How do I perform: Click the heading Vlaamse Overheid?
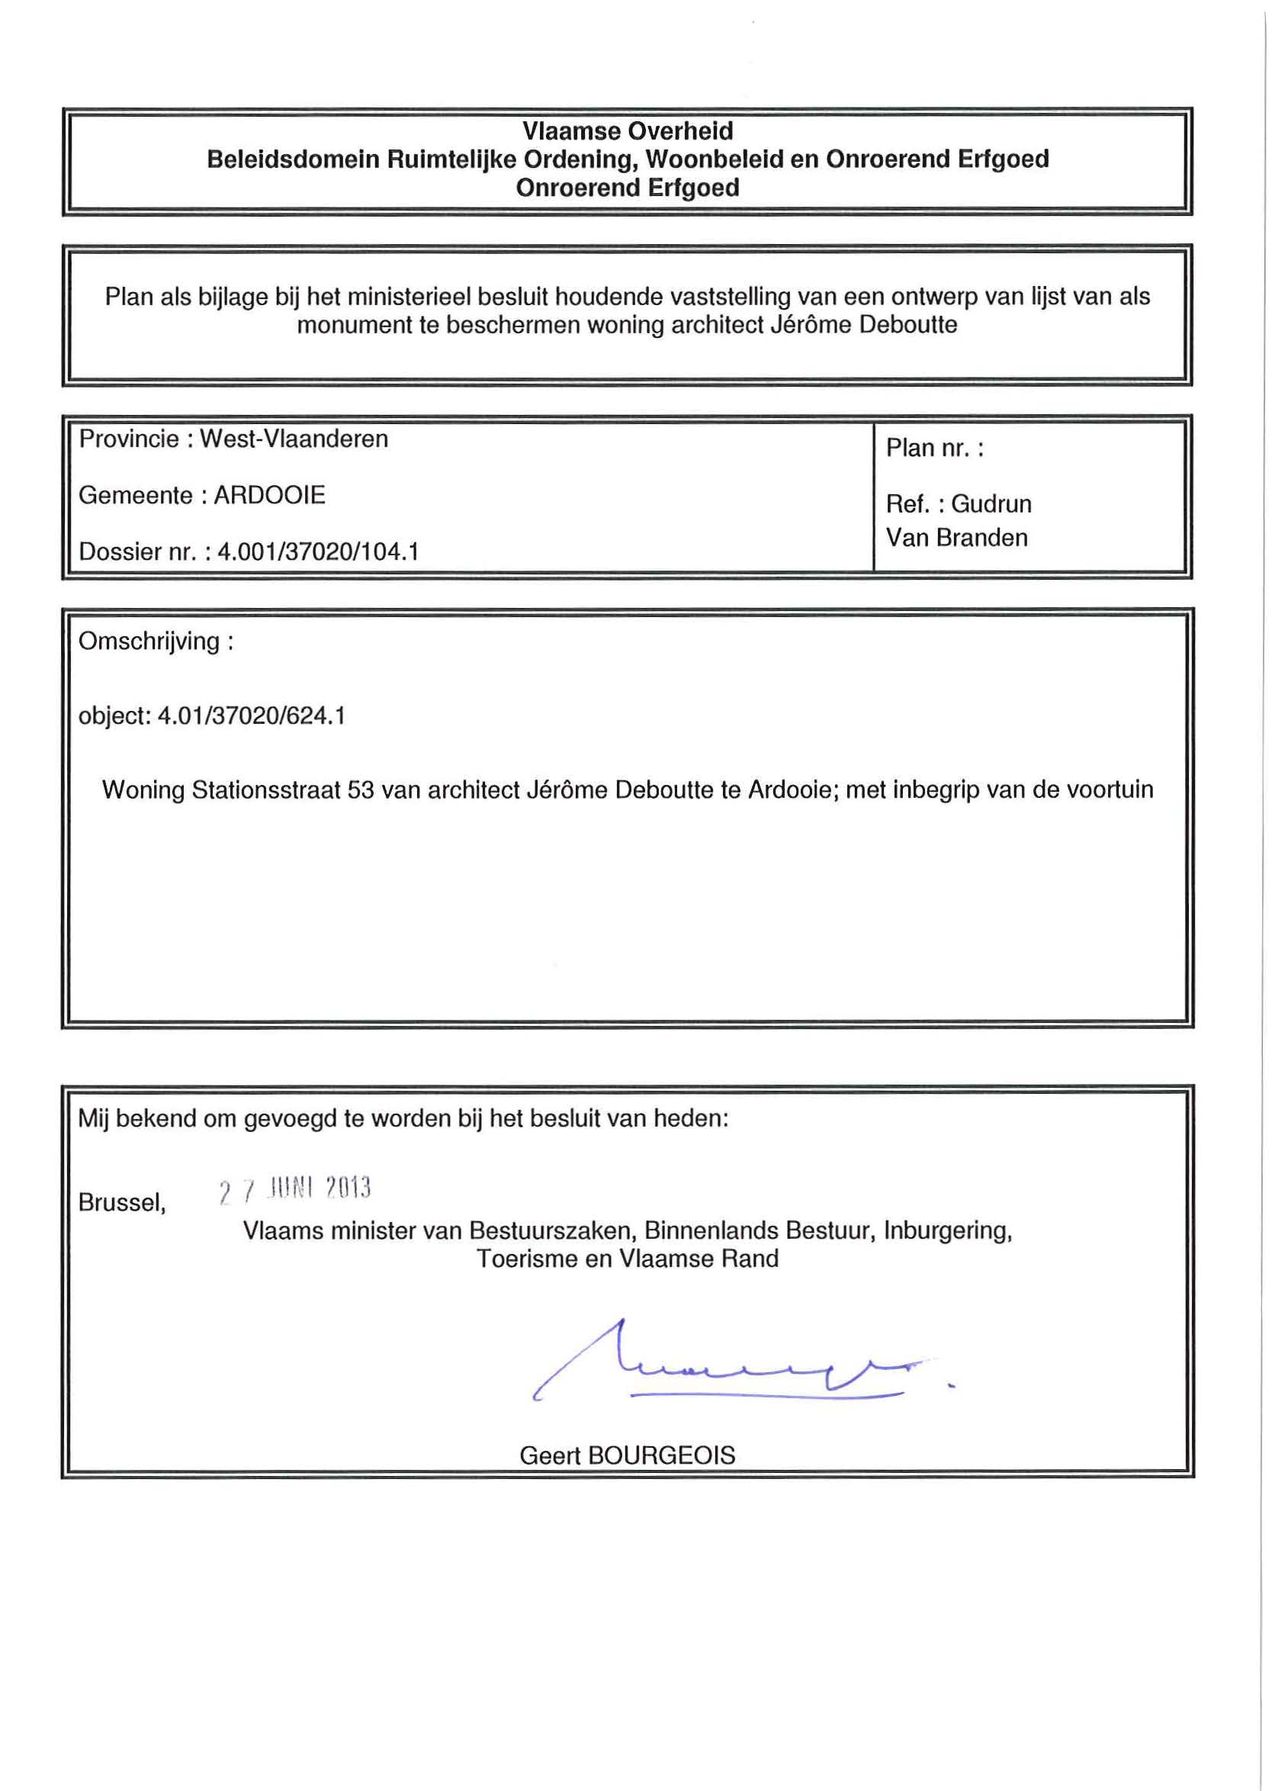pos(628,131)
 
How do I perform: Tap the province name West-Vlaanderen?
pos(294,439)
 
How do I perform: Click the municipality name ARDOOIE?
pos(269,495)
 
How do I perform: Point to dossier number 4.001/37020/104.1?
pos(318,552)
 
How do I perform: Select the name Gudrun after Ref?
pos(991,503)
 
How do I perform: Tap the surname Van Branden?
pos(956,538)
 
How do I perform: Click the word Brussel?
pos(121,1203)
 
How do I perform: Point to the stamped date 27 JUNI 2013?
pos(294,1190)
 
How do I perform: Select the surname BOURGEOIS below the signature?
pos(661,1455)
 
